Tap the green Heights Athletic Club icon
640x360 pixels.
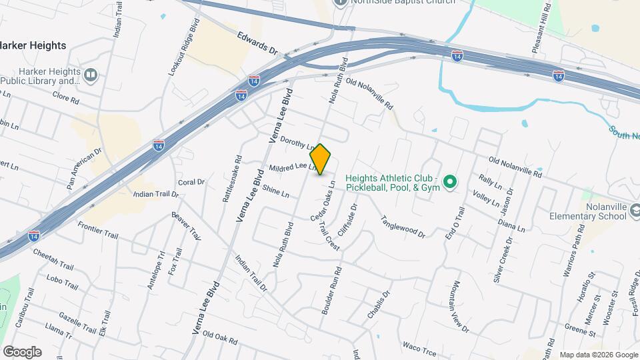[450, 181]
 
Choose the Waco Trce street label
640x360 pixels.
[419, 346]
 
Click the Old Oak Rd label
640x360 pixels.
[220, 337]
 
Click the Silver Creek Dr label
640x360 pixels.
[501, 259]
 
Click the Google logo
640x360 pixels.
[22, 351]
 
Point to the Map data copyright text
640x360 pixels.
[598, 355]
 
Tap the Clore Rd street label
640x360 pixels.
[66, 98]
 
